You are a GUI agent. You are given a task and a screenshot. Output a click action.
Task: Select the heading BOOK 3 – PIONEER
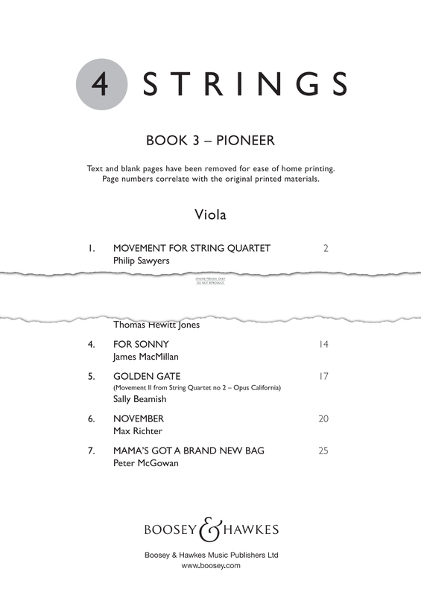[x=211, y=141]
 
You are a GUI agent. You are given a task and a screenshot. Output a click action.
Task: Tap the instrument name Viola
[x=210, y=215]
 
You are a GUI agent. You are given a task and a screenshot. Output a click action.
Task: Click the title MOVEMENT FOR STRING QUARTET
[x=191, y=248]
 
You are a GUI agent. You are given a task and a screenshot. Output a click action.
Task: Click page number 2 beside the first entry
[x=326, y=248]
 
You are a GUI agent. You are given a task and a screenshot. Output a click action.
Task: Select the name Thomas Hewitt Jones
[x=156, y=325]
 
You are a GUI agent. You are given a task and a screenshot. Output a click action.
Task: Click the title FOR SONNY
[x=141, y=344]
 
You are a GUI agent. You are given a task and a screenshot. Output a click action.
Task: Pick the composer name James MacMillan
[x=151, y=357]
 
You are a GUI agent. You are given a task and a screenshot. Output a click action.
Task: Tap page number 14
[x=323, y=344]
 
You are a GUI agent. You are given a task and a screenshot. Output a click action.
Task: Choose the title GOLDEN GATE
[x=147, y=376]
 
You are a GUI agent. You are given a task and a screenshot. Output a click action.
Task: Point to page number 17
[x=323, y=376]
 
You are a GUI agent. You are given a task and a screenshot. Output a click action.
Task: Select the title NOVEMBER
[x=139, y=419]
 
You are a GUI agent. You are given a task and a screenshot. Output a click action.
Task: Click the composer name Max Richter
[x=137, y=431]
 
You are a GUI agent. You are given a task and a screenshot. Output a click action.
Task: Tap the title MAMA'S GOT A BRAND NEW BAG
[x=189, y=451]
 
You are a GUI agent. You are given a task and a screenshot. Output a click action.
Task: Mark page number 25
[x=323, y=451]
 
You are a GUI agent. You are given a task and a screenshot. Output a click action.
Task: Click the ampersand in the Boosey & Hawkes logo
[x=211, y=529]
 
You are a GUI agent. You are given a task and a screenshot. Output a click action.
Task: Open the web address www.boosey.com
[x=210, y=566]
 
